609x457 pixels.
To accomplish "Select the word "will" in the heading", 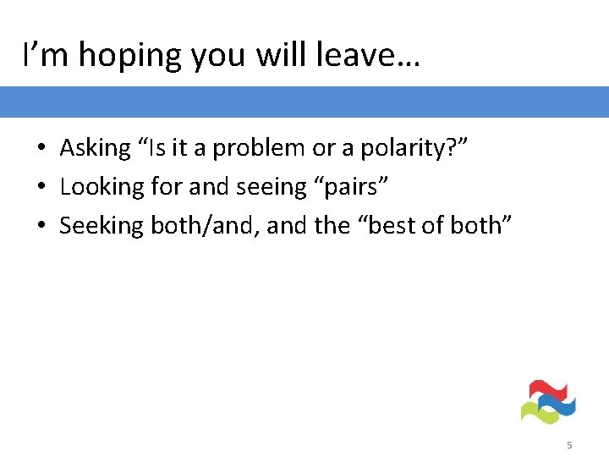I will tap(280, 56).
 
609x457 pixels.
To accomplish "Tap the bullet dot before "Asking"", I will tap(41, 149).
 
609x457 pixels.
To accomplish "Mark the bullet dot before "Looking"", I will tap(41, 188).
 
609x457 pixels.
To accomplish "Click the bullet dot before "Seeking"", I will tap(41, 226).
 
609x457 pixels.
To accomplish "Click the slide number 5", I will tap(569, 445).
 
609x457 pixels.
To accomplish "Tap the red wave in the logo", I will tap(541, 390).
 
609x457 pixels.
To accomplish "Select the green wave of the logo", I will tap(538, 412).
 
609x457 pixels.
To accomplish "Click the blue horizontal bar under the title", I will tap(304, 102).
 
